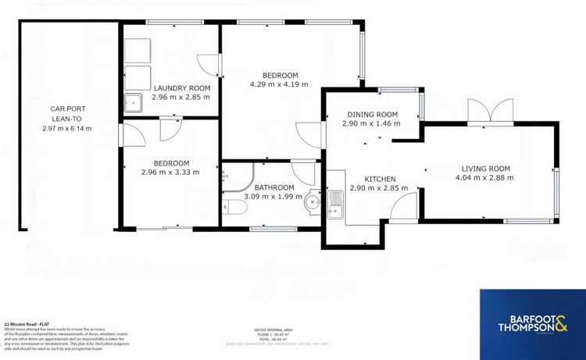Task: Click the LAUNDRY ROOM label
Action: coord(182,87)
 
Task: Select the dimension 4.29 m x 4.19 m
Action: coord(279,84)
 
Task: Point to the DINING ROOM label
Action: coord(370,115)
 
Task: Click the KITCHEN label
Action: coord(373,179)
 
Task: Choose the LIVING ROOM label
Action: coord(485,169)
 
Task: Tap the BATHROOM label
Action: coord(273,187)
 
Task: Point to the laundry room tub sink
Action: coord(133,102)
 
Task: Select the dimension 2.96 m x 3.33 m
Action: coord(170,173)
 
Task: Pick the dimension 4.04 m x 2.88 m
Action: coord(485,178)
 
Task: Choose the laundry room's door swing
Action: coord(205,66)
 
